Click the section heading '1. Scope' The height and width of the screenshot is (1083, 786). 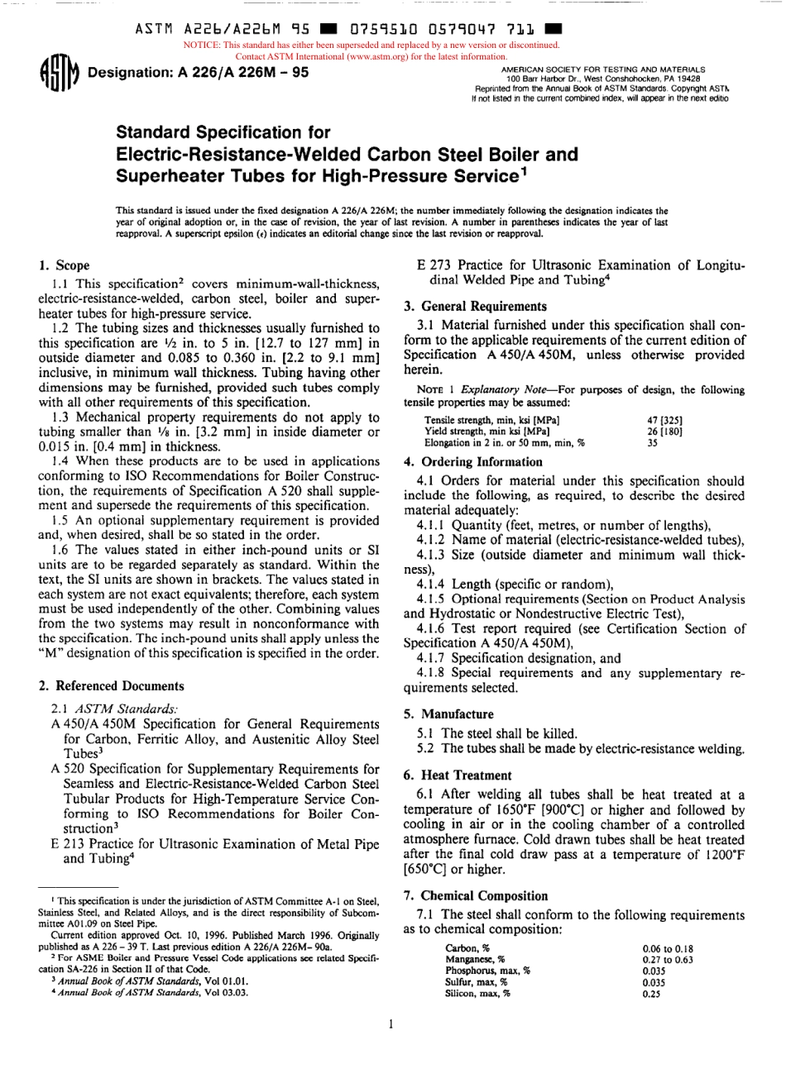pyautogui.click(x=65, y=266)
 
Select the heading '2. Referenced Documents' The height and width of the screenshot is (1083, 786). pyautogui.click(x=112, y=686)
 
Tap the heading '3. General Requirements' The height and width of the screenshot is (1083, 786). pyautogui.click(x=475, y=306)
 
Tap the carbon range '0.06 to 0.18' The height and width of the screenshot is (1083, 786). pyautogui.click(x=667, y=949)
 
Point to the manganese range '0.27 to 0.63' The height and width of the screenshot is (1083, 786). pyautogui.click(x=667, y=960)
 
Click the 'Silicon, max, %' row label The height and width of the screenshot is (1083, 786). pyautogui.click(x=477, y=994)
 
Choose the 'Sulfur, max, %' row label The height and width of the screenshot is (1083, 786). pyautogui.click(x=476, y=982)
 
